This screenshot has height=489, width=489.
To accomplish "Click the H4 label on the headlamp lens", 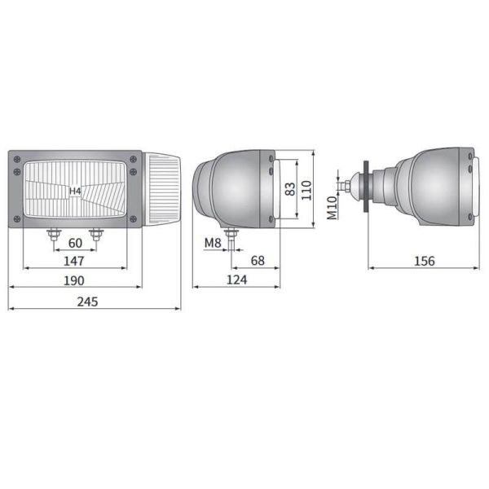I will click(74, 192).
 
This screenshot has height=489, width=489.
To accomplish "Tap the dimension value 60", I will click(74, 243).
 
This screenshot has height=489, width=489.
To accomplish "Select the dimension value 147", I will click(74, 261).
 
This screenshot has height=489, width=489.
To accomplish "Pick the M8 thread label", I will click(213, 243).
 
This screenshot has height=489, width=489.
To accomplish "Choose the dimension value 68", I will click(258, 261).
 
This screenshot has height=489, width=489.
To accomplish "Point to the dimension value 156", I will click(424, 261).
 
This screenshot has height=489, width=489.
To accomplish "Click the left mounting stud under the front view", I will click(54, 235).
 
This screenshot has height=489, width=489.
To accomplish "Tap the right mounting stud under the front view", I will click(96, 235).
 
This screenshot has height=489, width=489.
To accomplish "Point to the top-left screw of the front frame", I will click(15, 160).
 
